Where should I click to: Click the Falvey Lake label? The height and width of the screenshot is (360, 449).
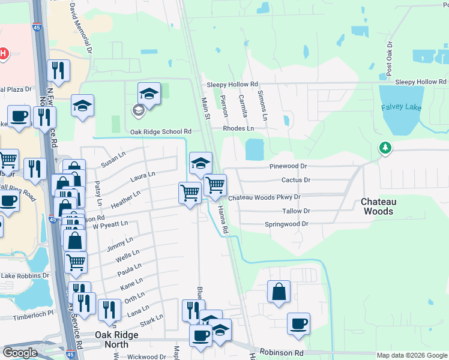click(x=401, y=107)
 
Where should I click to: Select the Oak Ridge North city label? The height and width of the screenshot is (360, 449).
click(x=112, y=340)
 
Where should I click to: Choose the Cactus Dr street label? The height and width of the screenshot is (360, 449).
click(x=295, y=180)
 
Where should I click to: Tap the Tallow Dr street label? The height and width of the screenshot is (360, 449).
click(x=295, y=211)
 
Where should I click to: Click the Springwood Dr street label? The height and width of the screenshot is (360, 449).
click(x=286, y=224)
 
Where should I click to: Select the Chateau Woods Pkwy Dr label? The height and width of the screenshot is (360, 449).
click(x=264, y=197)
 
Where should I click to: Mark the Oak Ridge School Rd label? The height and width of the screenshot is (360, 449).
click(x=160, y=131)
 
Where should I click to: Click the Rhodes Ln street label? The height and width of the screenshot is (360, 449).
click(x=238, y=128)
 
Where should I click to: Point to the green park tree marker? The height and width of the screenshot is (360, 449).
click(x=384, y=147)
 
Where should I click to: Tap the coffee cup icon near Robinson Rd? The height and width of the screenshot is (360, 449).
click(x=298, y=324)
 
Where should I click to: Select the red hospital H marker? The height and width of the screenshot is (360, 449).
click(x=3, y=53)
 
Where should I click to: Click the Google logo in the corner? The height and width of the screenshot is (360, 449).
click(x=20, y=353)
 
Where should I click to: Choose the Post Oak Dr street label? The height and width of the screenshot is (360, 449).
click(x=390, y=58)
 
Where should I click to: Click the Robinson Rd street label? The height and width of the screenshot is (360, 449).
click(x=282, y=354)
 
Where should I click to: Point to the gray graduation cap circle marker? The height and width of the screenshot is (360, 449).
click(x=138, y=110)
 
